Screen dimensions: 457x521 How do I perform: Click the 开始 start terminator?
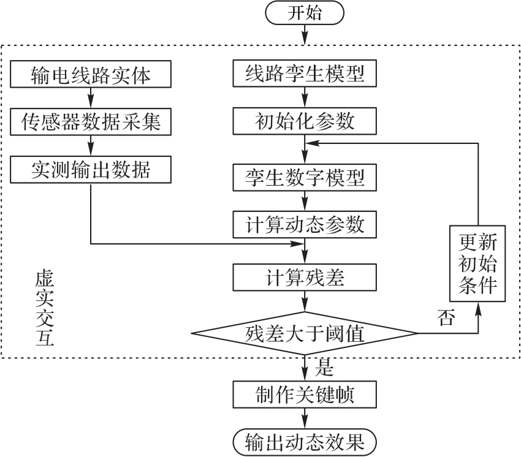click(x=305, y=14)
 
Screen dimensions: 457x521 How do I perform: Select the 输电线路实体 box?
click(x=91, y=75)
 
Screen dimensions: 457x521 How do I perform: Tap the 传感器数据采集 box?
click(x=91, y=121)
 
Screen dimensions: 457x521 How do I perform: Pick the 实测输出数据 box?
click(x=91, y=169)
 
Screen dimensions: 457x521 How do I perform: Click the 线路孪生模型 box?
click(x=305, y=75)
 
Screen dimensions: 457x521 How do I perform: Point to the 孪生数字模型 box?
click(x=305, y=178)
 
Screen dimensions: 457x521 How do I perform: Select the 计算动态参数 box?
click(x=305, y=224)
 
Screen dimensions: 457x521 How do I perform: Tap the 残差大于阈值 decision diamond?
click(x=305, y=334)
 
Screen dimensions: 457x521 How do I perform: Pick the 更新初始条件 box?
click(x=477, y=264)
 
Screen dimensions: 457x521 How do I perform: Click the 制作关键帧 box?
click(x=305, y=395)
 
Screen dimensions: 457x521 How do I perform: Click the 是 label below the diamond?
click(x=324, y=367)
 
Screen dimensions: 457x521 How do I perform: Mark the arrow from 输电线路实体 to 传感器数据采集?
click(x=91, y=98)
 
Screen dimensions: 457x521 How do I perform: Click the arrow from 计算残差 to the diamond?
click(x=305, y=303)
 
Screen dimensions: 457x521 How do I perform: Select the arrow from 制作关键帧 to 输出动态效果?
click(x=305, y=418)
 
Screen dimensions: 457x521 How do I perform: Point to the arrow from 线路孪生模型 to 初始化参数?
click(x=305, y=98)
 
